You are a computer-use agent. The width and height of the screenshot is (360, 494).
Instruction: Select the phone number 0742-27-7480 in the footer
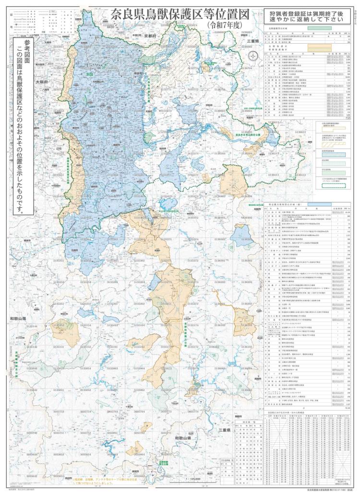click(x=336, y=490)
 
